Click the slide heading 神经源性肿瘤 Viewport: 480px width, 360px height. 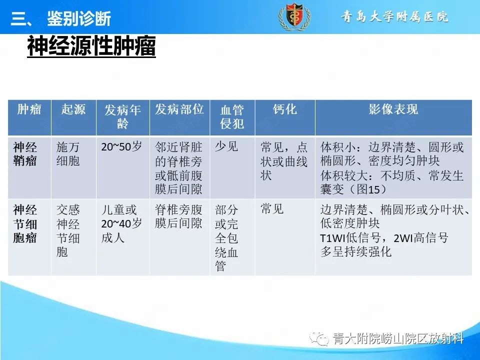coord(91,47)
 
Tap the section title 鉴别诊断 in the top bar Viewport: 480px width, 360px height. coord(78,19)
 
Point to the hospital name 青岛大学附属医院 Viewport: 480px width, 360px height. coord(394,17)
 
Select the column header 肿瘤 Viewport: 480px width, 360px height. coord(29,109)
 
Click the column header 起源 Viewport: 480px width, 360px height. coord(73,109)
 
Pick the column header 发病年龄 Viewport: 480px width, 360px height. coord(122,117)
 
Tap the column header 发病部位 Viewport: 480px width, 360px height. coord(179,109)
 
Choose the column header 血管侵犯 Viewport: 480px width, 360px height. coord(232,117)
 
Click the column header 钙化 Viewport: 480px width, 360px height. coord(284,109)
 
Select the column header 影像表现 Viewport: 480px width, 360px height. coord(393,109)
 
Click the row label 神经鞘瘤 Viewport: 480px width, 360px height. coord(25,154)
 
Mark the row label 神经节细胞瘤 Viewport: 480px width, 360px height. coord(25,223)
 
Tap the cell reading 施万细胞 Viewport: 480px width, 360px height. coord(68,154)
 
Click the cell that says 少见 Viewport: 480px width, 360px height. coord(226,147)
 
